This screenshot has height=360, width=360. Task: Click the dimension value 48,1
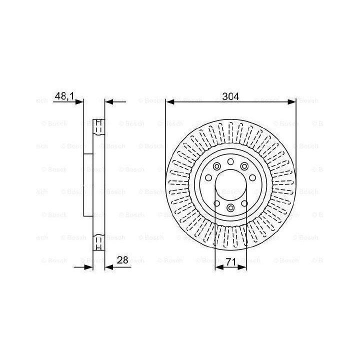click(64, 96)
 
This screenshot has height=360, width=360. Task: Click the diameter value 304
click(230, 96)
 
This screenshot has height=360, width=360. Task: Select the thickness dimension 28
click(122, 260)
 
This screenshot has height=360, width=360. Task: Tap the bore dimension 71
click(230, 262)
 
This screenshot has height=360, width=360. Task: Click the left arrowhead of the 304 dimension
click(170, 101)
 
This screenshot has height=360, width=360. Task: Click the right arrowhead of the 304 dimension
click(291, 101)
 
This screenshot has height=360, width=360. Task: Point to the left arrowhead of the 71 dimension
click(219, 267)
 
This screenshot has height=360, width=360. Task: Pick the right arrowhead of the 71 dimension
click(242, 267)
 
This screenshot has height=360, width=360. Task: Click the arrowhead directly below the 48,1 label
click(79, 101)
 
